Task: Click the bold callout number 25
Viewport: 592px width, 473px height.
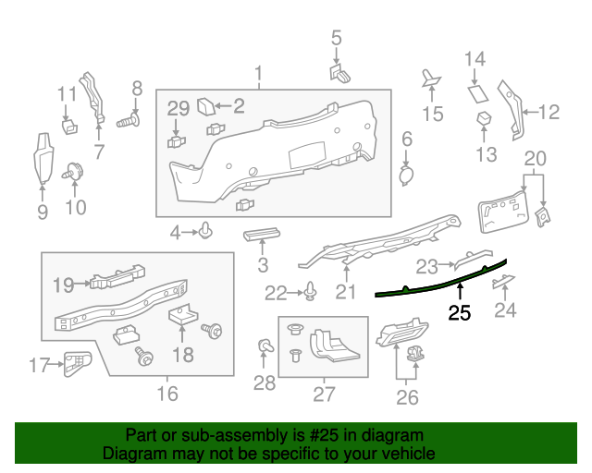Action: point(460,313)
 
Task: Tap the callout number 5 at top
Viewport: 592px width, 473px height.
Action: point(336,38)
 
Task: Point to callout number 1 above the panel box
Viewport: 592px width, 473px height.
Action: point(259,73)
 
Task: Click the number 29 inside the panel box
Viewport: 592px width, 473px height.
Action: point(179,109)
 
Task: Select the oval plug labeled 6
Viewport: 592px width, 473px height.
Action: point(406,173)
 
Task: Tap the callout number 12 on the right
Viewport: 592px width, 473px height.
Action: point(549,113)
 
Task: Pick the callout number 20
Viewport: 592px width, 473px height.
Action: point(536,158)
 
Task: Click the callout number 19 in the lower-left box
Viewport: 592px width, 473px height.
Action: point(63,285)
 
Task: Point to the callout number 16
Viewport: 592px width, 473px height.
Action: point(166,394)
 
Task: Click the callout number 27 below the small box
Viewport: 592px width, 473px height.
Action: point(324,394)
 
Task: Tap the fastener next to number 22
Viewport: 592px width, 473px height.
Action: point(312,294)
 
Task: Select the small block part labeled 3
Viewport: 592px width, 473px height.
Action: point(262,235)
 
